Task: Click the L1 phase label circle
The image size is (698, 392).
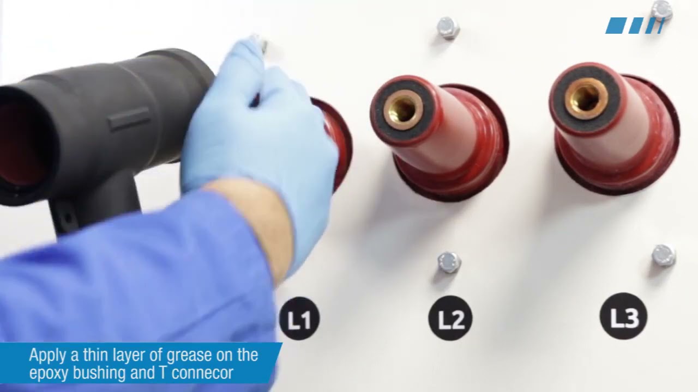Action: (x=299, y=318)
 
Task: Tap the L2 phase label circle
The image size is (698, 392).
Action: (x=450, y=318)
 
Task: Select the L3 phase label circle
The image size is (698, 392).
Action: (x=623, y=316)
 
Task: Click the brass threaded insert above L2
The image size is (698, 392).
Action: (x=403, y=109)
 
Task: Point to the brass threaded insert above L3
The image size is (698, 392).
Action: (x=586, y=99)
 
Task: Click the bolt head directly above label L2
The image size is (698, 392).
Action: (x=449, y=262)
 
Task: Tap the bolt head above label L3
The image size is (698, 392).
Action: (x=664, y=256)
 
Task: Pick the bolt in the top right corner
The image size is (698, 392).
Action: (x=661, y=10)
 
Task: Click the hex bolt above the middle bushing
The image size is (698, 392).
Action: (x=448, y=28)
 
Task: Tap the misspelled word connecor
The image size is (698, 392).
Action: (x=202, y=373)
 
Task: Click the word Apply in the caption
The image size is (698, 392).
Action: (x=47, y=356)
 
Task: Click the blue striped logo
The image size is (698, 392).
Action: (x=635, y=26)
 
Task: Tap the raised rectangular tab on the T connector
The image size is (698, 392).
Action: (x=129, y=119)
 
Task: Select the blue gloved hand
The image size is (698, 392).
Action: (x=258, y=140)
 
